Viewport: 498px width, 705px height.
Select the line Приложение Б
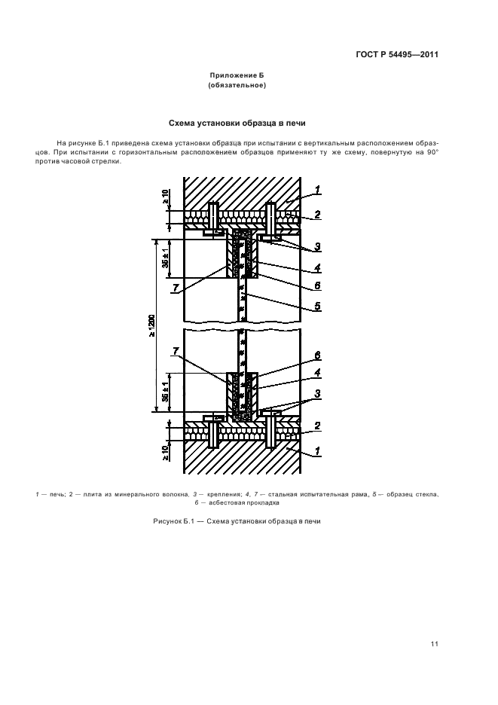click(x=237, y=76)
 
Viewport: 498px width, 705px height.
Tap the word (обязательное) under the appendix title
click(x=237, y=86)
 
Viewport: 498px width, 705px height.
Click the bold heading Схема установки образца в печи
click(x=237, y=123)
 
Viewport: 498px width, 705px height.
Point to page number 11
click(x=435, y=643)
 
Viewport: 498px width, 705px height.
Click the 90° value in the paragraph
click(x=432, y=153)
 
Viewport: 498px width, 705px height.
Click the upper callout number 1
click(x=318, y=190)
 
